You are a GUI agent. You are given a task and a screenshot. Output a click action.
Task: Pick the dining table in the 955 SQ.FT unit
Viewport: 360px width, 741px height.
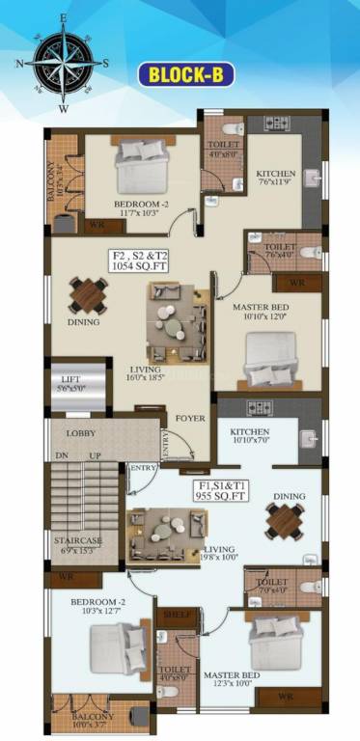tap(286, 522)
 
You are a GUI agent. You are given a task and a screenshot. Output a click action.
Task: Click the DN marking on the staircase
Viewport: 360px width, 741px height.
tap(61, 455)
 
